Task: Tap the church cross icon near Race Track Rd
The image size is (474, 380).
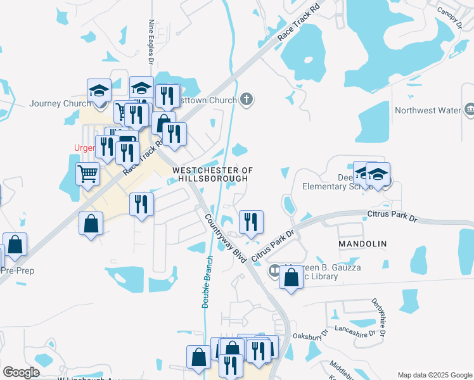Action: coord(247,99)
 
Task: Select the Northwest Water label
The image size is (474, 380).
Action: coord(427,110)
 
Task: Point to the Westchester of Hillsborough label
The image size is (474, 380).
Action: coord(213,175)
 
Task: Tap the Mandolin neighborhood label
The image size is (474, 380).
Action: coord(362,244)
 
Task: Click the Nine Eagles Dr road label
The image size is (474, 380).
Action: coord(151,41)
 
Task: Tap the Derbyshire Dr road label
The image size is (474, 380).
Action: coord(379,317)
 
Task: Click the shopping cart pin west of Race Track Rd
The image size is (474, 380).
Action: coord(87,173)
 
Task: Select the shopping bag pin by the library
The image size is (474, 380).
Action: coord(291,278)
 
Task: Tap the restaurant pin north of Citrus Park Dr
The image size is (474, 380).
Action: coord(251,222)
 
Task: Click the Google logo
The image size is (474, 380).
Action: coord(22,372)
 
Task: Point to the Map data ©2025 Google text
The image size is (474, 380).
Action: coord(434,375)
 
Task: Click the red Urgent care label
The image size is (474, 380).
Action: coord(84,148)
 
